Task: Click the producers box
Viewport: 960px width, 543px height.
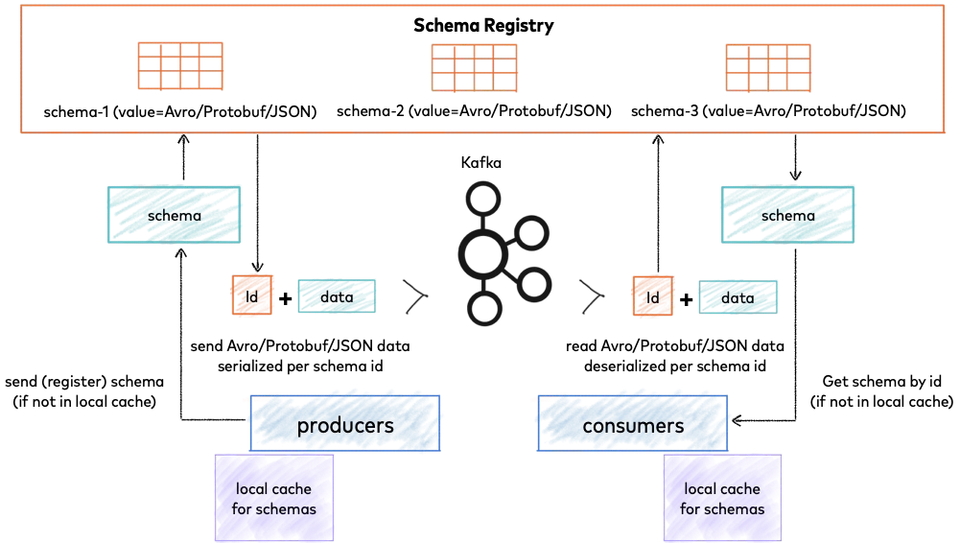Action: tap(345, 424)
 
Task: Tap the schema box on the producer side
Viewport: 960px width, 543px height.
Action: tap(173, 215)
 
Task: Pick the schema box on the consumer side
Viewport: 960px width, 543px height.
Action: tap(786, 215)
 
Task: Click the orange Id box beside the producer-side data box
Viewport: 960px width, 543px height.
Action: tap(252, 297)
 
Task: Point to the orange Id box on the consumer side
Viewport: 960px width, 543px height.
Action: tap(652, 297)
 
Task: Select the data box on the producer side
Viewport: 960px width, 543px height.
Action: tap(336, 297)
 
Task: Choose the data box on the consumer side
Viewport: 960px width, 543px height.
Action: tap(738, 297)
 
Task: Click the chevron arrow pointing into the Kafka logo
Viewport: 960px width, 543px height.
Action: tap(413, 296)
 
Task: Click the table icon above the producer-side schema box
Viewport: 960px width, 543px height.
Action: tap(179, 65)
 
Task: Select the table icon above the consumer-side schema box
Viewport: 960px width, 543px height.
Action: tap(767, 67)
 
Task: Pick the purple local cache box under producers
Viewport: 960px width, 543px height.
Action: tap(273, 498)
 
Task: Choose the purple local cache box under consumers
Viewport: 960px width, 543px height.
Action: tap(721, 498)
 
